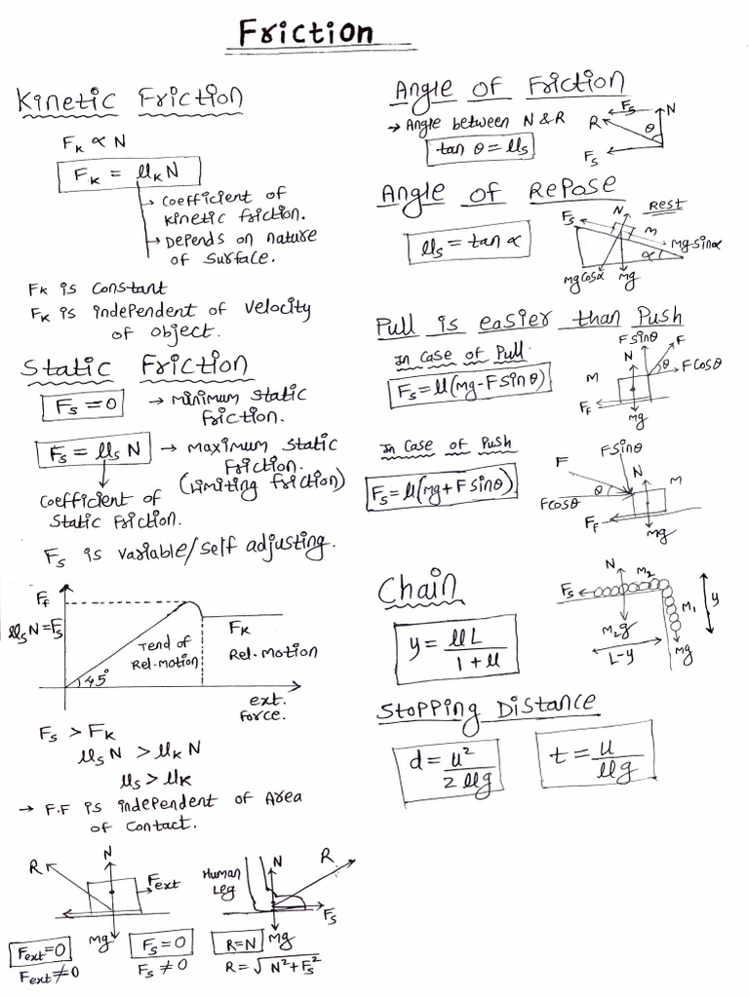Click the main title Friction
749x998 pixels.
click(x=305, y=33)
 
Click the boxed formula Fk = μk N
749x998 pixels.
click(x=129, y=174)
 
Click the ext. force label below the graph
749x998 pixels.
click(x=263, y=706)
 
